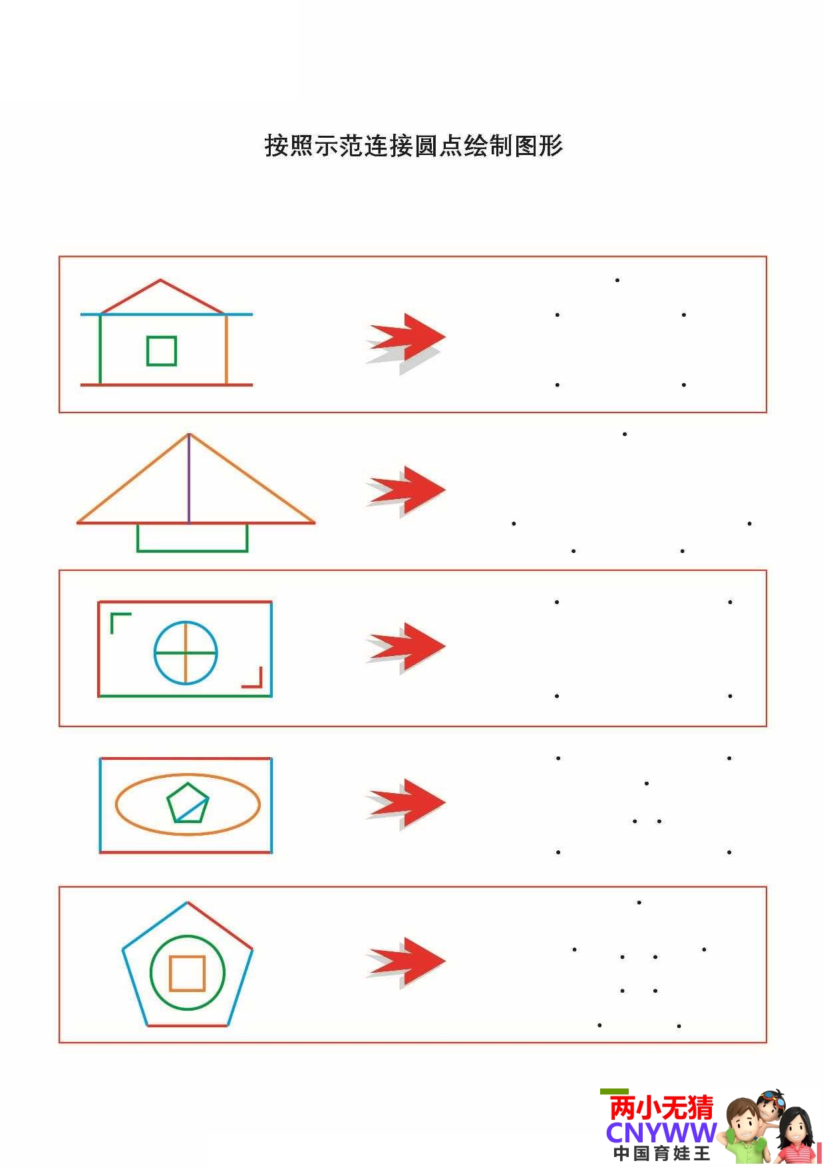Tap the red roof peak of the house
click(160, 280)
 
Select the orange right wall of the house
click(226, 349)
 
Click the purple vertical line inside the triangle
click(189, 478)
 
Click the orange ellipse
click(188, 774)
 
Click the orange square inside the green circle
click(187, 957)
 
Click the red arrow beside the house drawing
click(406, 337)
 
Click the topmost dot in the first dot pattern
click(617, 280)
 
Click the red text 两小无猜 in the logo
click(661, 1108)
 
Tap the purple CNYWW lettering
click(661, 1132)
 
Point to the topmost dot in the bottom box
click(639, 903)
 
